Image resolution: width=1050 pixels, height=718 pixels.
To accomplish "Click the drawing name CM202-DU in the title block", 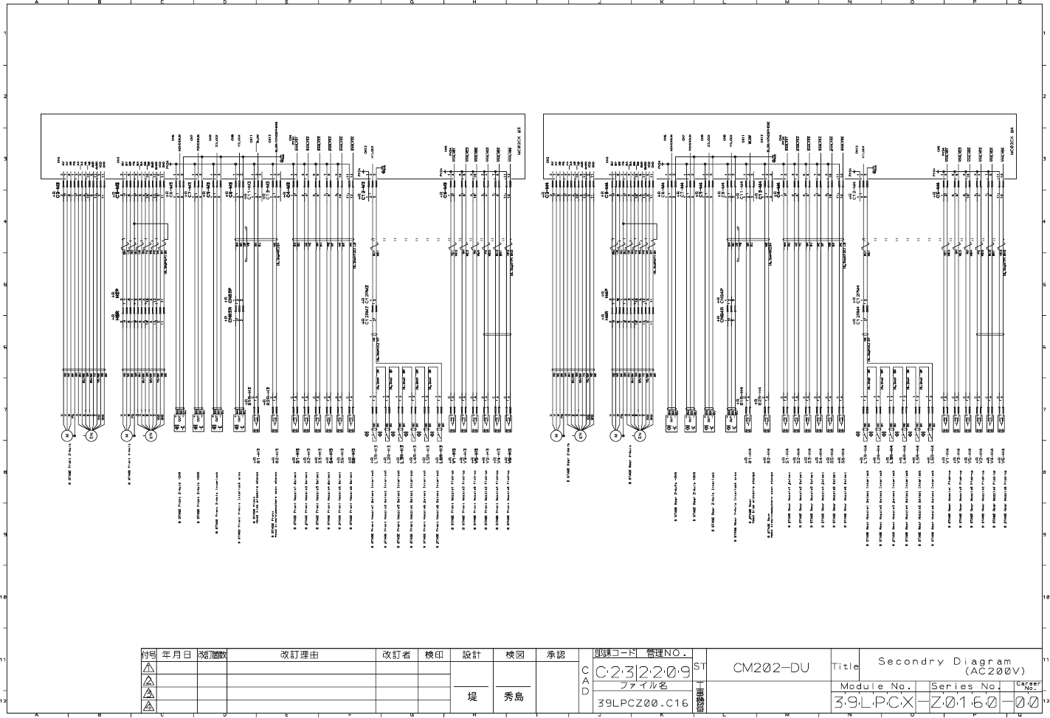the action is [x=770, y=669].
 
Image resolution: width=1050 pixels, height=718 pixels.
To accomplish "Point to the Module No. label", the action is [x=877, y=686].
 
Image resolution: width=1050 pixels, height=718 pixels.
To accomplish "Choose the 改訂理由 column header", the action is [x=300, y=655].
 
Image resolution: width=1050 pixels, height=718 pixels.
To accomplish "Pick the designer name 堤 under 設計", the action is [x=472, y=696].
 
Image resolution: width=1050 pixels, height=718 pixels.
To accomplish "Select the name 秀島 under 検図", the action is [x=514, y=696].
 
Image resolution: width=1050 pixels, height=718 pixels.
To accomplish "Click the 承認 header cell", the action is [x=556, y=655].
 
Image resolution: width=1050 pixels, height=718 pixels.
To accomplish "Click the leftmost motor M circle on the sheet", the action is [x=67, y=435].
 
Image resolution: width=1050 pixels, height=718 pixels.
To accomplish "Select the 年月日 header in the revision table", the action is [x=176, y=655].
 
